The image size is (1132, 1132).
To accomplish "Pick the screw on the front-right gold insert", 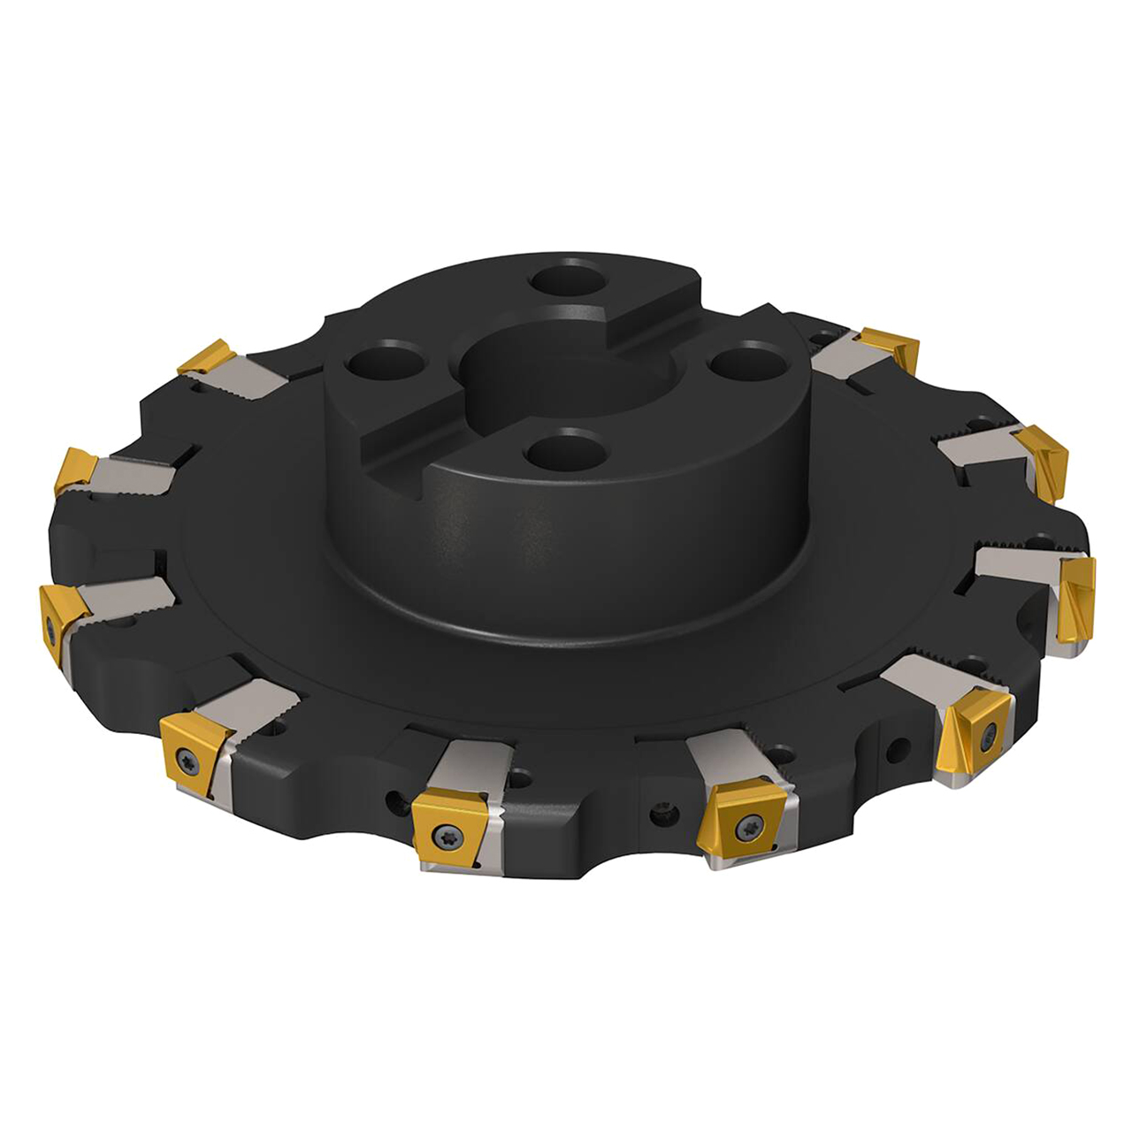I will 989,730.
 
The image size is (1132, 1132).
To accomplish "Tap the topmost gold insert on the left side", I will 205,356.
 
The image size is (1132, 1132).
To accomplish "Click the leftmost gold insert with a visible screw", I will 55,624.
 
